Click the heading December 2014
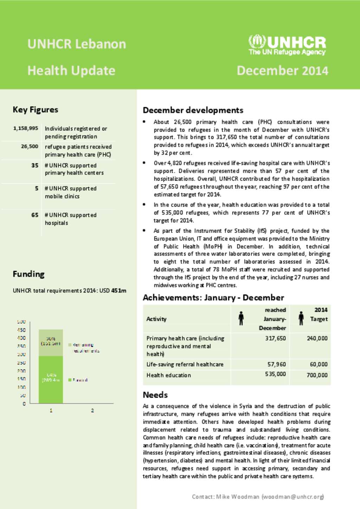[282, 71]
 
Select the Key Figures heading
[36, 110]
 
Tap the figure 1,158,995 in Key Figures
[26, 128]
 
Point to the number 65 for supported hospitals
[35, 215]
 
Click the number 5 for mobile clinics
[37, 188]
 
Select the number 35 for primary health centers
[35, 165]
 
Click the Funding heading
[28, 274]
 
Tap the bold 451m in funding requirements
[119, 291]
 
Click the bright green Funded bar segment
[51, 379]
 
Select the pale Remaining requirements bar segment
[51, 342]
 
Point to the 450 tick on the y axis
[21, 330]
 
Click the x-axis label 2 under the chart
[92, 410]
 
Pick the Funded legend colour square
[70, 380]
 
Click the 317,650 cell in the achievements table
[275, 338]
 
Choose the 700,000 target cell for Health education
[317, 375]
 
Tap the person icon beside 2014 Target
[301, 318]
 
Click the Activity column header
[156, 319]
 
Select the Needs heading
[155, 395]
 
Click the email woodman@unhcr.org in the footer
[292, 497]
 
